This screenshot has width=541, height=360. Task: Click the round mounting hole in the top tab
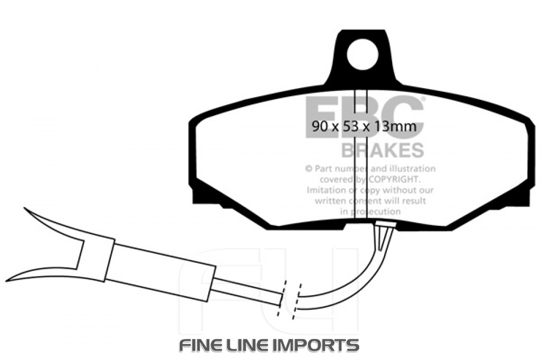(360, 56)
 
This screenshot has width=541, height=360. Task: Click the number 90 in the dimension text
(320, 127)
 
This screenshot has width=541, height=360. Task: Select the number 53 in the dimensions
(349, 127)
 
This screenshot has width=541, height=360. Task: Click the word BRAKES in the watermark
(382, 149)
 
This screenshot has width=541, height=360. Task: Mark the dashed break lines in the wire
(288, 298)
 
